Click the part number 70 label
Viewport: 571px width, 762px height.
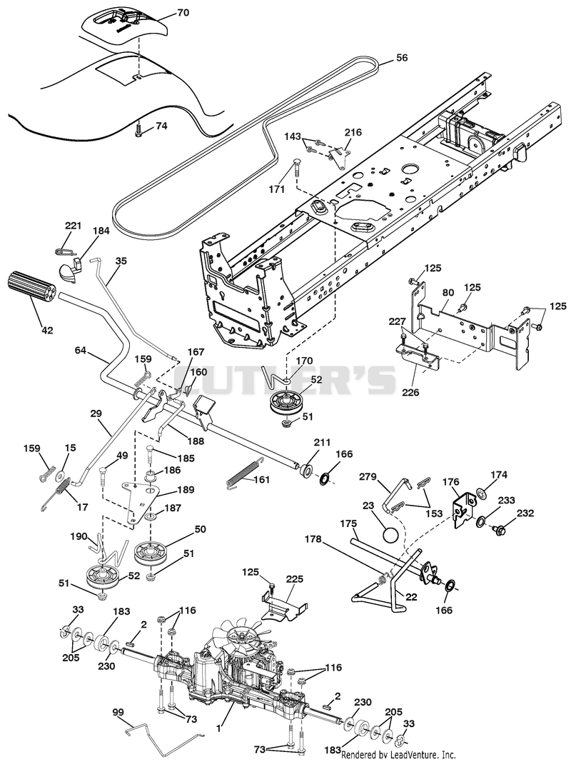click(183, 13)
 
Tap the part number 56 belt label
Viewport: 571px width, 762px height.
click(402, 57)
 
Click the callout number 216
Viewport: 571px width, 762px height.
click(353, 132)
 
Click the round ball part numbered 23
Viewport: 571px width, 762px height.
click(391, 535)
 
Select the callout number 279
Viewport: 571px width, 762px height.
click(368, 477)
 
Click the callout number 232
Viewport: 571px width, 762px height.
click(525, 513)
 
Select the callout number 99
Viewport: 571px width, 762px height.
click(118, 713)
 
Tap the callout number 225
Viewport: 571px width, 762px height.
click(295, 578)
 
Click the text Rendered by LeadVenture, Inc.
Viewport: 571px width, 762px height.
click(398, 755)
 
